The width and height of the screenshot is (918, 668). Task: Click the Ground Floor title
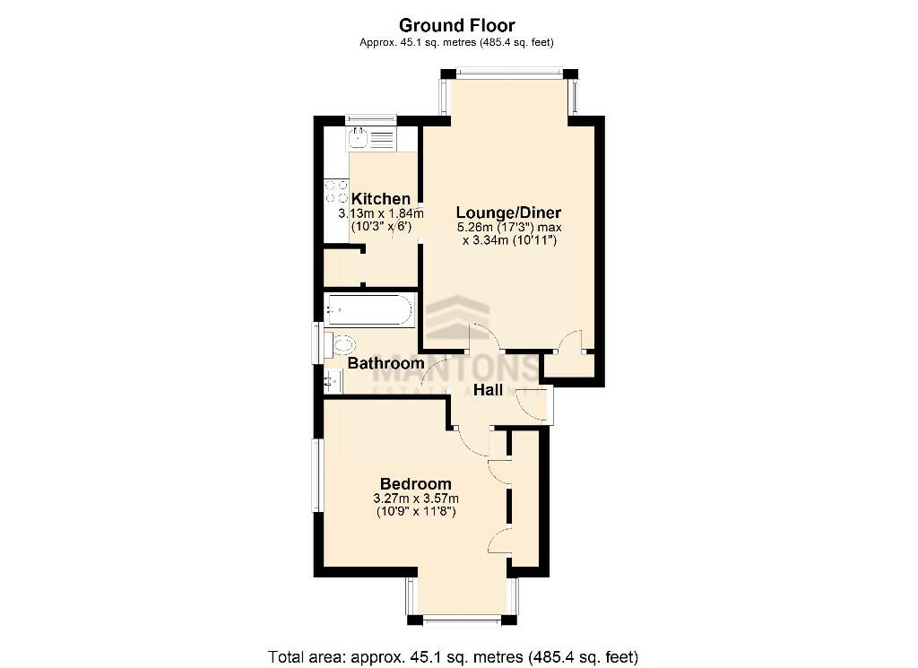[x=456, y=25]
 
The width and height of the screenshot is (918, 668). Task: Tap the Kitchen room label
[x=381, y=199]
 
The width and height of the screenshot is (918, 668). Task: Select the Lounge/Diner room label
[x=508, y=213]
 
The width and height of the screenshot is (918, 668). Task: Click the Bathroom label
[x=385, y=363]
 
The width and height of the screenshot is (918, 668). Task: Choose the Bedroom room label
[x=415, y=484]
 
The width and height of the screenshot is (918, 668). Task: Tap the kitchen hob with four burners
[x=337, y=191]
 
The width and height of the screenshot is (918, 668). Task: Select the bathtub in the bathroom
[x=369, y=311]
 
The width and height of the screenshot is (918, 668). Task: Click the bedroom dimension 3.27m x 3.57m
[x=416, y=499]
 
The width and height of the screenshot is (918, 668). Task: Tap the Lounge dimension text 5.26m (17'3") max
[x=509, y=228]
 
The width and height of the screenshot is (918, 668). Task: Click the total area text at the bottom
[x=453, y=655]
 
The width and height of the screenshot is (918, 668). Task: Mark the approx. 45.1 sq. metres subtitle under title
[x=456, y=42]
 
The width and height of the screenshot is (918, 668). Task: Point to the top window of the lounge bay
[x=508, y=73]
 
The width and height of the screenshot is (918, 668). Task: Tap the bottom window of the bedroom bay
[x=461, y=619]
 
